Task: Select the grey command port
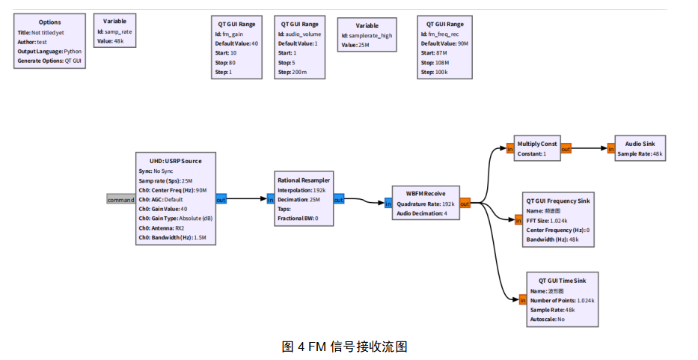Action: pos(120,200)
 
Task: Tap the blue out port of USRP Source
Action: pos(221,200)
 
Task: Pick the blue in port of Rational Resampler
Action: pos(271,199)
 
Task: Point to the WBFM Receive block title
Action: pos(424,193)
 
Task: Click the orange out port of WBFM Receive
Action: pos(465,203)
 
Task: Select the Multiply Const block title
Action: pos(537,144)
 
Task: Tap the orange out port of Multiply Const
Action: pos(566,148)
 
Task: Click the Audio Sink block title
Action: pos(640,144)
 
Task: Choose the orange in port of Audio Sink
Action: pos(610,149)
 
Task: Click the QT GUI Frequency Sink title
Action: pos(558,201)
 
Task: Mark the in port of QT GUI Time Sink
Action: pos(523,300)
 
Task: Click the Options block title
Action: pos(50,22)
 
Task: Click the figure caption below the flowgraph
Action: pos(344,347)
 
